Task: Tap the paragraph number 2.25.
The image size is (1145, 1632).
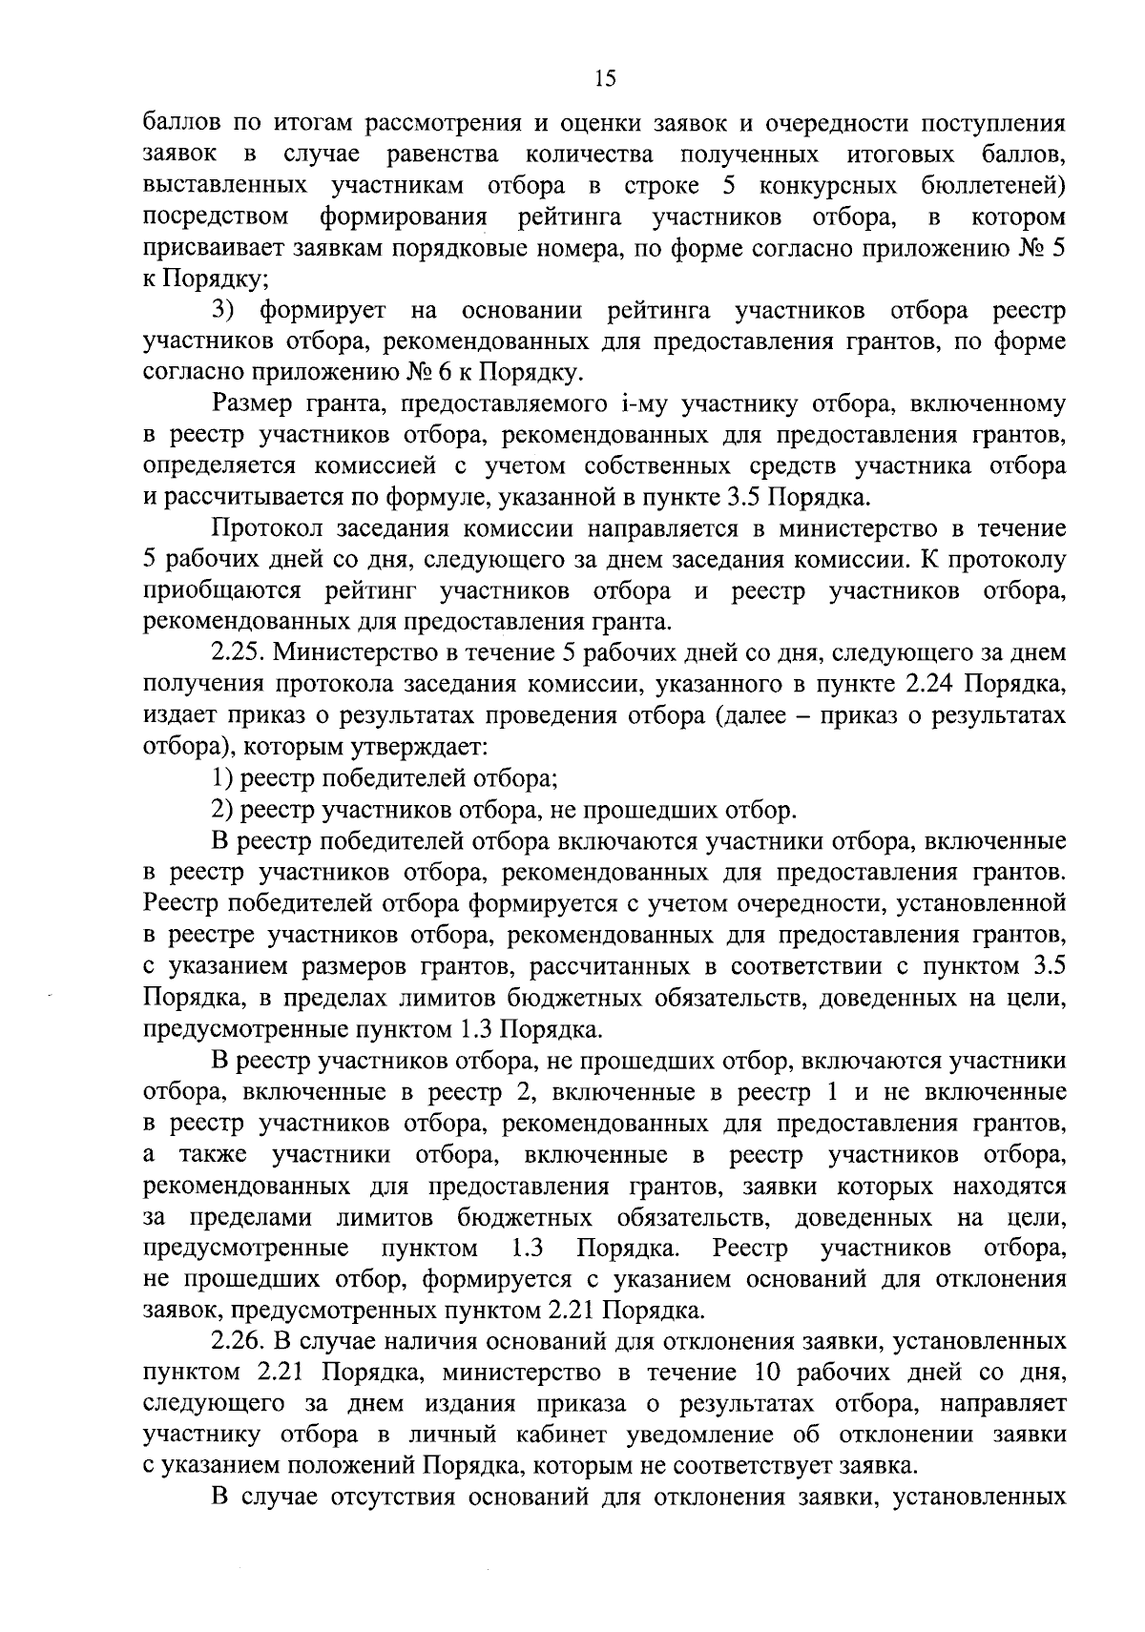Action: click(x=239, y=653)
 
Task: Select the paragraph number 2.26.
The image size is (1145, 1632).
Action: click(x=239, y=1341)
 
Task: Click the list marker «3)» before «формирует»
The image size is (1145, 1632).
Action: click(x=223, y=311)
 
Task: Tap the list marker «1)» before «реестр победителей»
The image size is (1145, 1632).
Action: click(x=222, y=778)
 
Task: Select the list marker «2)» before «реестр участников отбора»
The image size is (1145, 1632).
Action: click(x=222, y=811)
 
